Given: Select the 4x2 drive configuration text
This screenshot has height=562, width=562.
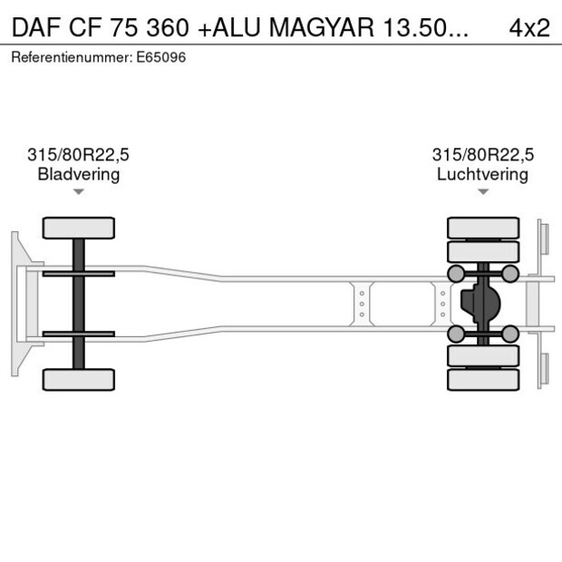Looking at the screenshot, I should coord(529,27).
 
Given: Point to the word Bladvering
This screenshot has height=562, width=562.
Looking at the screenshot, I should coord(78,174).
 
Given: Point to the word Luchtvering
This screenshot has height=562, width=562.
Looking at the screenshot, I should coord(482,174).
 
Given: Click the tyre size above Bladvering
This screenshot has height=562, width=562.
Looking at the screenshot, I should coord(78,155).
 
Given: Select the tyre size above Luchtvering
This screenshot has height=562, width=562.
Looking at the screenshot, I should coord(482,155).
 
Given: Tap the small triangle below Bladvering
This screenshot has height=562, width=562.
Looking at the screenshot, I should coord(79,192).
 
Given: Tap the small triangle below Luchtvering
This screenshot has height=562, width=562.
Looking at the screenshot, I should coord(483,192).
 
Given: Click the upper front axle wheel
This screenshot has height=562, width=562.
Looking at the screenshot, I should coord(79,228).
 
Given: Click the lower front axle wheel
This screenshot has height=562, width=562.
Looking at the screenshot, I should coord(79,379).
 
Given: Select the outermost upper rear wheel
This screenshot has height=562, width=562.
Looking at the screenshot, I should coord(483,227).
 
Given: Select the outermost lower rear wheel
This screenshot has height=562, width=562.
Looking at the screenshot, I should coord(483,380).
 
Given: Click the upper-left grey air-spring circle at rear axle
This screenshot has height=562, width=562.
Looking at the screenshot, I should coord(456,274).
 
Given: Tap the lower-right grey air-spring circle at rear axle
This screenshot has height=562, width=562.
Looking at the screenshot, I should coord(510,334).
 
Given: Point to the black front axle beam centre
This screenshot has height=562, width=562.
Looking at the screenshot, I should coord(79,304).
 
